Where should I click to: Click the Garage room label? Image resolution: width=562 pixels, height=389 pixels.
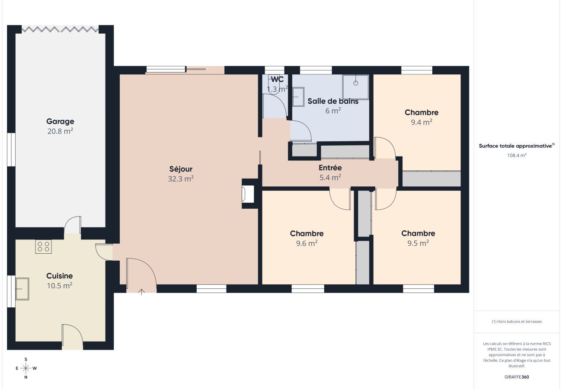click(60, 121)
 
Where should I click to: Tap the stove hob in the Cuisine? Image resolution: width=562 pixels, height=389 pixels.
click(43, 246)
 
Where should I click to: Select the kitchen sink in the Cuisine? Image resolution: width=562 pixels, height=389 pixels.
click(22, 289)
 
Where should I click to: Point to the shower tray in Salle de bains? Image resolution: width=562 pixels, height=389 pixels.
click(355, 87)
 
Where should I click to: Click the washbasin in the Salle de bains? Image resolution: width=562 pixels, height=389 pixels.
click(298, 97)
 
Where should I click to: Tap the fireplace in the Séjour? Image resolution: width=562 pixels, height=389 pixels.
click(248, 194)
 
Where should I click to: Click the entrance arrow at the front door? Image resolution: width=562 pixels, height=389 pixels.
click(141, 292)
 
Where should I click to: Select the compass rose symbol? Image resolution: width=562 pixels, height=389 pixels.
click(26, 368)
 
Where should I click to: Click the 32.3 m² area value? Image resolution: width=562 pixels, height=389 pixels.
click(181, 179)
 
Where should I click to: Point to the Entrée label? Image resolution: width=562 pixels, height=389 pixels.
click(330, 168)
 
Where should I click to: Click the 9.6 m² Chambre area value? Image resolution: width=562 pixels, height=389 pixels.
click(307, 243)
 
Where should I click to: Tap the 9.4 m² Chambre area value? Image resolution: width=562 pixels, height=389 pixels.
click(421, 122)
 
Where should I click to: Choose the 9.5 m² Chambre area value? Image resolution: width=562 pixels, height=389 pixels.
click(418, 243)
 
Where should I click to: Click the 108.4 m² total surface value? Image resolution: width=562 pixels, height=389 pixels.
click(517, 155)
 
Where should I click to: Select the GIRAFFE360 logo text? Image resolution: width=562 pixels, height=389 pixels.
click(517, 377)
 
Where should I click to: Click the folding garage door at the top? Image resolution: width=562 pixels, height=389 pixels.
click(60, 29)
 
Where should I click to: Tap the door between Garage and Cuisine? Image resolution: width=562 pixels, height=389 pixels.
click(72, 226)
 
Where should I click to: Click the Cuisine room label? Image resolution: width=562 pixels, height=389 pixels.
click(60, 276)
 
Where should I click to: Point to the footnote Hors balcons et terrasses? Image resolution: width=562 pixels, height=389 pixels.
click(517, 322)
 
